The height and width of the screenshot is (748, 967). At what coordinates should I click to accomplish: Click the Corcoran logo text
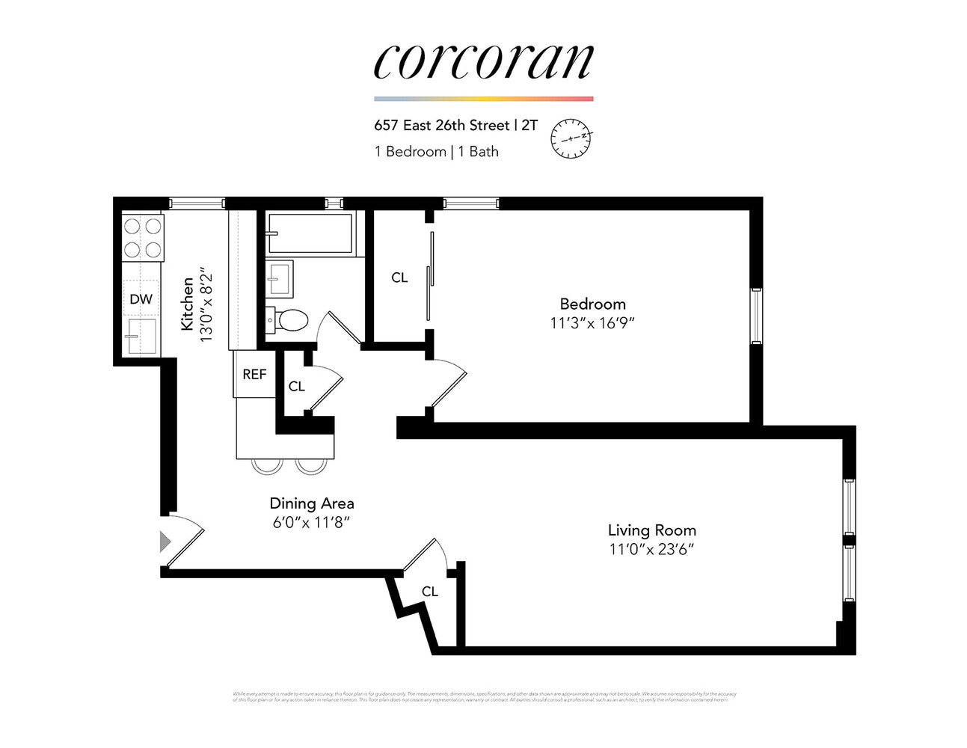tap(483, 62)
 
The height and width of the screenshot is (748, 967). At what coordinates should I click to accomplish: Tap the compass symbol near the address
tap(571, 138)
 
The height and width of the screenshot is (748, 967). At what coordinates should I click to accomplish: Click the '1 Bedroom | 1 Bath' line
tap(436, 152)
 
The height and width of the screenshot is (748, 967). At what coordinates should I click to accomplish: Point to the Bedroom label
tap(592, 304)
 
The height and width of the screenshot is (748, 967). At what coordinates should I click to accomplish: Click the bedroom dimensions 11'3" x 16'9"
tap(592, 323)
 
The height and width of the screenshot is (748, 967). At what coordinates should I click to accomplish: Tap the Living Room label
tap(651, 530)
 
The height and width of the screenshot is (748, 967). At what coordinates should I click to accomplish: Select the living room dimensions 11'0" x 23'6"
tap(651, 550)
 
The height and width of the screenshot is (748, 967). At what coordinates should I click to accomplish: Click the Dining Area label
tap(311, 503)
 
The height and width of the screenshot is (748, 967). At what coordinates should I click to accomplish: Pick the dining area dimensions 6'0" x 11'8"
tap(311, 522)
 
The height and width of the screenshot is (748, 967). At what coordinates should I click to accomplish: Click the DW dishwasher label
tap(141, 299)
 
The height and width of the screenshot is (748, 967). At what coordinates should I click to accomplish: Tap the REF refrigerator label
tap(254, 374)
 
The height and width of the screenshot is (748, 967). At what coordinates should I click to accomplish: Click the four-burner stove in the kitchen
tap(143, 237)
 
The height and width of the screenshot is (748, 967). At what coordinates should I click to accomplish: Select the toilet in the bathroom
tap(289, 320)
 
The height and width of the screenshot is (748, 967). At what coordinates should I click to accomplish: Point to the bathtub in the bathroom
tap(310, 233)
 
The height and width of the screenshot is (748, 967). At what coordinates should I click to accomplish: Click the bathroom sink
tap(280, 279)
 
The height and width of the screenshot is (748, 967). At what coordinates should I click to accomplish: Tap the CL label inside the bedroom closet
tap(399, 278)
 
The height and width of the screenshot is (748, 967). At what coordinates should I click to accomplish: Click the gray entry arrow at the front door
tap(165, 541)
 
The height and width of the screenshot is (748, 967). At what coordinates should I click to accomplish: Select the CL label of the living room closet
tap(429, 592)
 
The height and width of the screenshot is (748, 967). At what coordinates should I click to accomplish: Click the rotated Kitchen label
tap(187, 304)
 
